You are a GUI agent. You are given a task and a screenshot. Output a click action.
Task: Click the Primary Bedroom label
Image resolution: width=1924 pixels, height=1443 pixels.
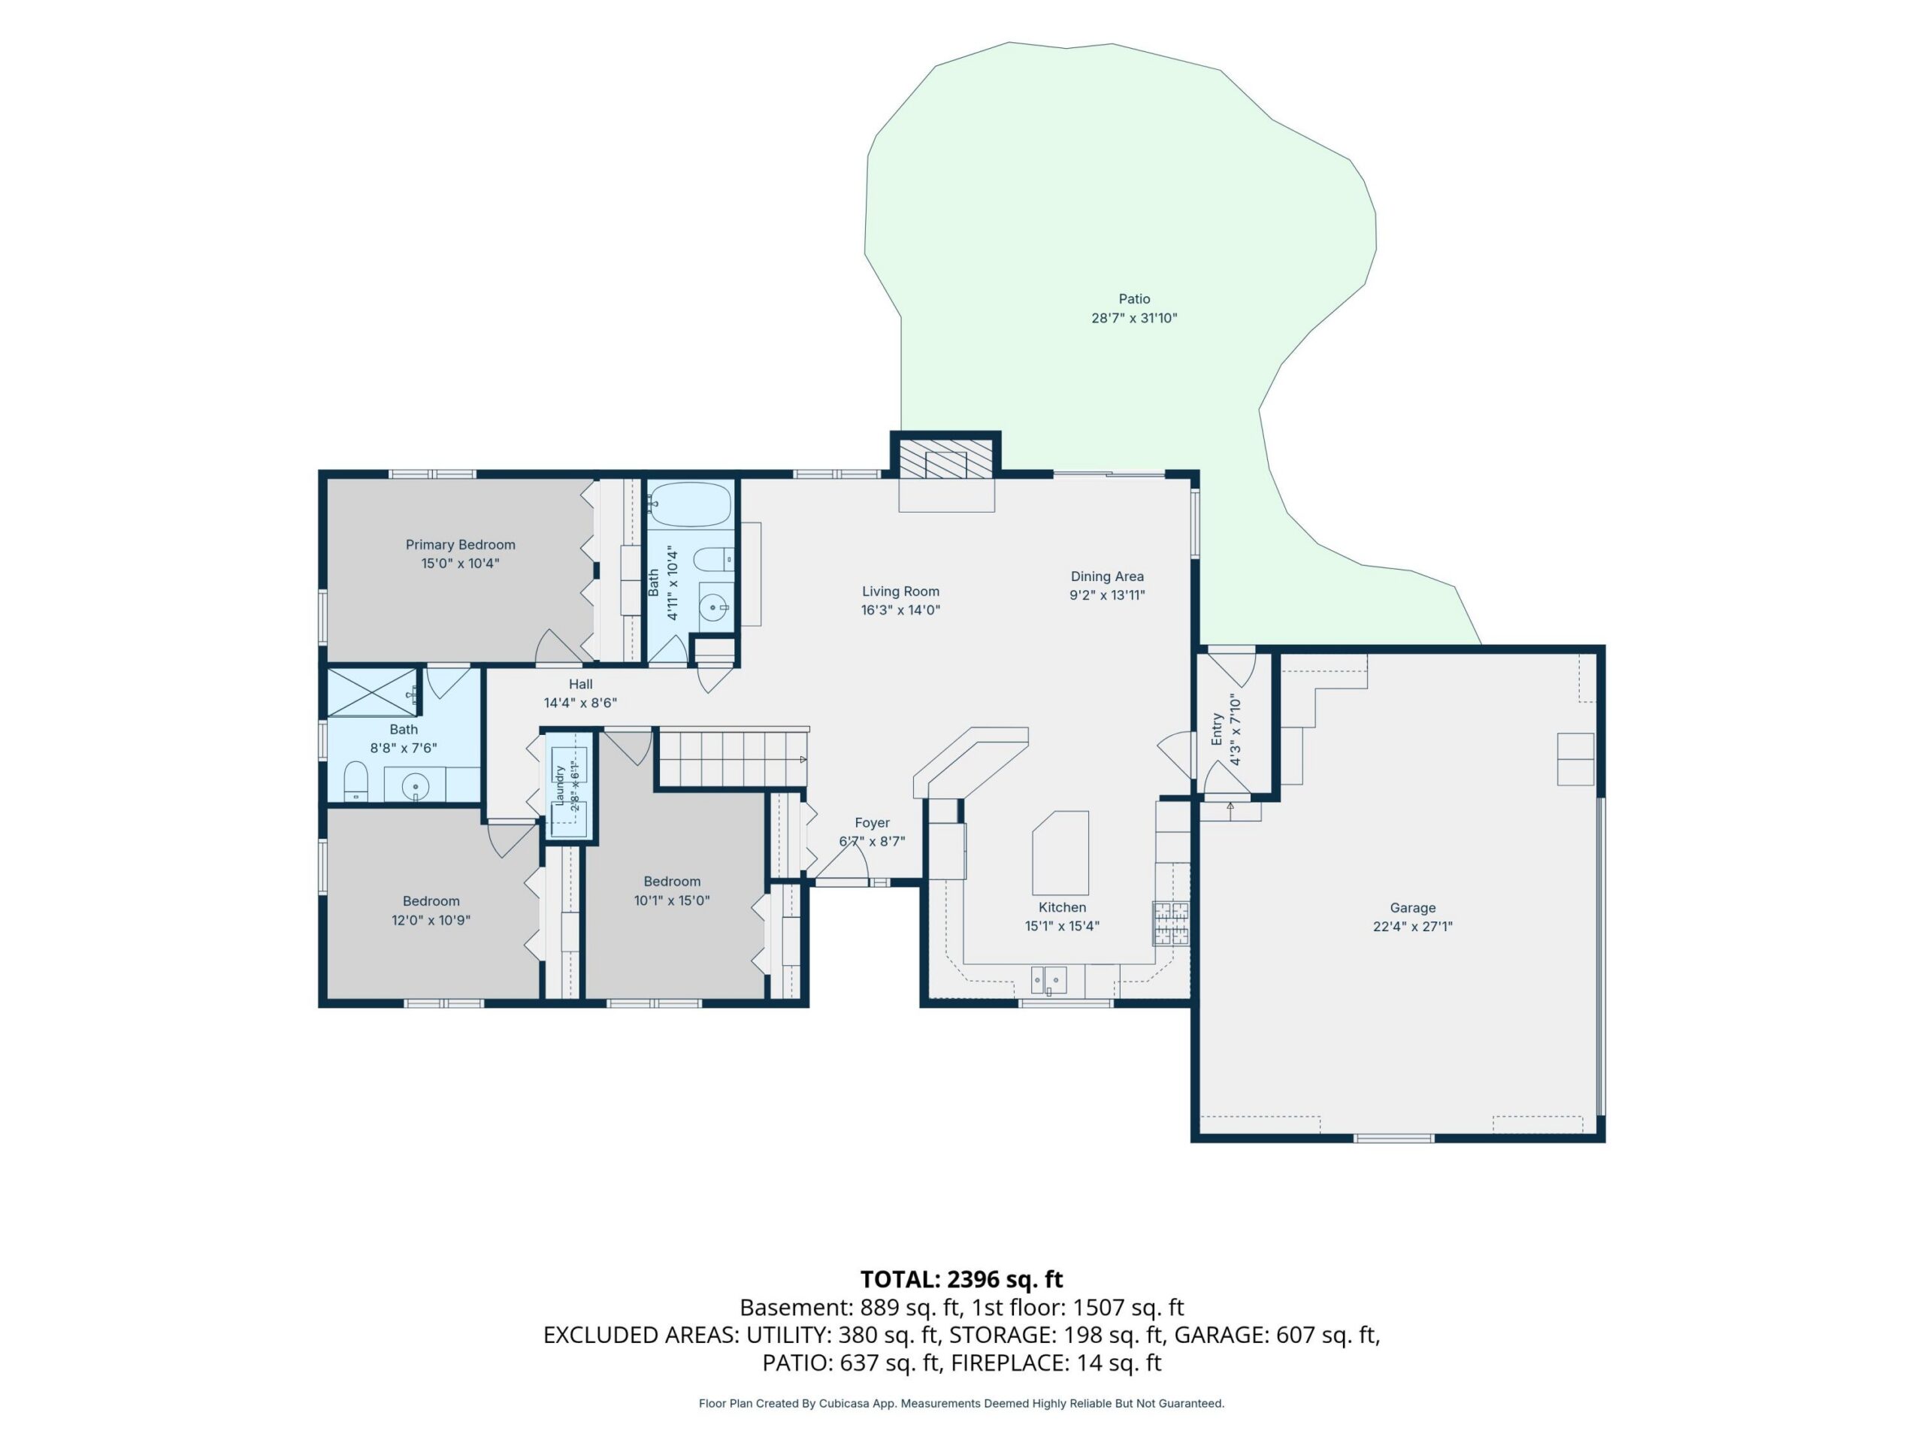click(460, 544)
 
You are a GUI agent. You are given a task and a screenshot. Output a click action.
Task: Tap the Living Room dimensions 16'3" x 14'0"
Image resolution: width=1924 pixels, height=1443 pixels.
click(900, 610)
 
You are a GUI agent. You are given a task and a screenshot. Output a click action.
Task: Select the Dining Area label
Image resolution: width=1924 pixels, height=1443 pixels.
click(1106, 576)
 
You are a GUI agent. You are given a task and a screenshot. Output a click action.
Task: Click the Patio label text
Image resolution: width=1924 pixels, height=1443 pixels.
click(1134, 298)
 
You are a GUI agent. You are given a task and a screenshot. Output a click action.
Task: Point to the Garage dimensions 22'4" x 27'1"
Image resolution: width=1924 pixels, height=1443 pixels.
click(1412, 927)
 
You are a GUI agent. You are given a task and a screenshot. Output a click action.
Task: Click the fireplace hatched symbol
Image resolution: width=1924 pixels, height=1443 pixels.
click(945, 458)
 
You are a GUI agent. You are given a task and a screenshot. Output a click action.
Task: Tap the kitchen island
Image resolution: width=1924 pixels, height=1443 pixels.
click(1060, 852)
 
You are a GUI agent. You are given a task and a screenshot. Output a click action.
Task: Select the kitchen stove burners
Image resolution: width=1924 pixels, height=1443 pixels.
click(1171, 923)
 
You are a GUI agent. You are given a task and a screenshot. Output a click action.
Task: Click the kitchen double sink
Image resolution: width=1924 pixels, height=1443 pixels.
click(1048, 980)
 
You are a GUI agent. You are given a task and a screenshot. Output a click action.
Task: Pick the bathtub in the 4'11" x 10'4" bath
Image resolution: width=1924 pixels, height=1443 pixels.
click(691, 504)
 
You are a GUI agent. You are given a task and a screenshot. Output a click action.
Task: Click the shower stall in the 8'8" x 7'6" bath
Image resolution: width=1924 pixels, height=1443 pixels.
click(372, 692)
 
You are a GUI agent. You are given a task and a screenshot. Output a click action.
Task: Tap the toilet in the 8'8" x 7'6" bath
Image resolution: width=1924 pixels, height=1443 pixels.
click(355, 781)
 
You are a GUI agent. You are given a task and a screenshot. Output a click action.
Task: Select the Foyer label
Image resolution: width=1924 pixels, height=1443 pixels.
click(872, 822)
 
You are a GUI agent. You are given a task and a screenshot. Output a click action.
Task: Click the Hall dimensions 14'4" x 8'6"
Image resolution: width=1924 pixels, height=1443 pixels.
click(580, 703)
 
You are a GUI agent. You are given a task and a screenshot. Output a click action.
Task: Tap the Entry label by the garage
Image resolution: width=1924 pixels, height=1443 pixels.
click(1217, 730)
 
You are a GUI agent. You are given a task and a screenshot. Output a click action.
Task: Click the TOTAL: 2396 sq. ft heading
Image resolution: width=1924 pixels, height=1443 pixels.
click(961, 1278)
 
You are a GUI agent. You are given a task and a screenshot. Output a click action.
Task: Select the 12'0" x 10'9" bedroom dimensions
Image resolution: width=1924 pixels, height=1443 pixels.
click(431, 919)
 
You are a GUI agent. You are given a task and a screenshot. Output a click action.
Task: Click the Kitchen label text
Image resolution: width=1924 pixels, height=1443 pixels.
click(1062, 907)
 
